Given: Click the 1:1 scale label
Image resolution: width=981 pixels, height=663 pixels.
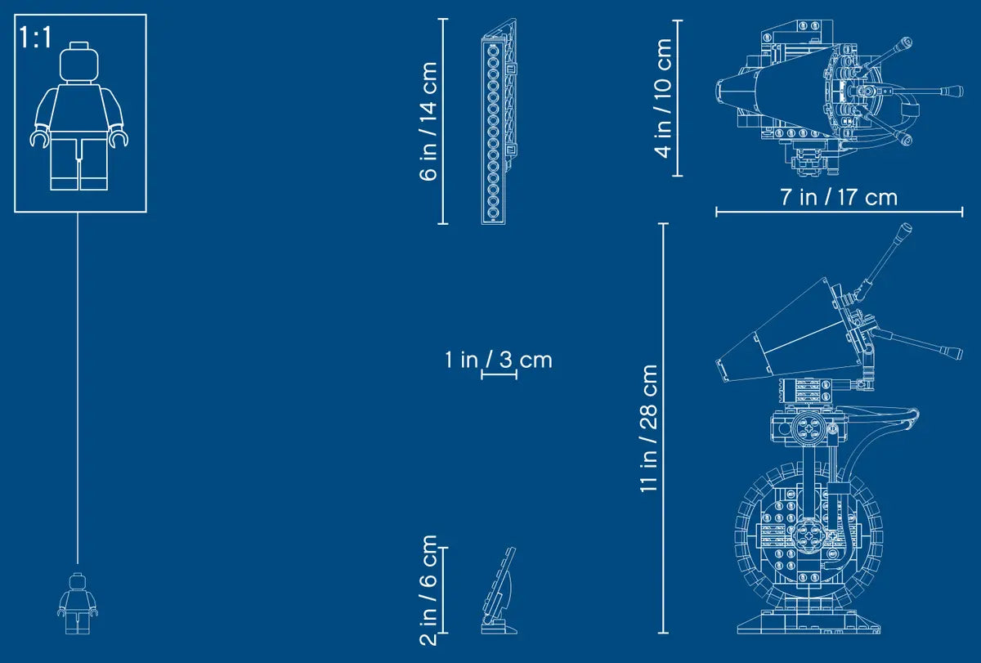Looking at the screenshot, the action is pos(35,38).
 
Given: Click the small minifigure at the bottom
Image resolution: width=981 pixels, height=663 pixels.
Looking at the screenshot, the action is pos(78,603).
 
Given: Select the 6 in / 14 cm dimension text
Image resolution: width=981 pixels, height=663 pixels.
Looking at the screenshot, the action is pos(428,121).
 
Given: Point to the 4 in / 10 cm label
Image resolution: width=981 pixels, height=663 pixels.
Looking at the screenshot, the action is pos(663,97).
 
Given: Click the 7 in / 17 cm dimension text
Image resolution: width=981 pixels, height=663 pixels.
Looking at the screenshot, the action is pos(839,197).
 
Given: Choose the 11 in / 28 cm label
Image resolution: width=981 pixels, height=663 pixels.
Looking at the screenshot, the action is pos(648,428).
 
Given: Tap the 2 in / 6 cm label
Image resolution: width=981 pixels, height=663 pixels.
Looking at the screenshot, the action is pos(428,590).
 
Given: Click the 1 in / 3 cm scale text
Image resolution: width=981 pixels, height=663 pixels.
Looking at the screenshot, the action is pos(499,360).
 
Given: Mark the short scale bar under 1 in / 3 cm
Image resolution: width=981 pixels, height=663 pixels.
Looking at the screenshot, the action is pos(499,374).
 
